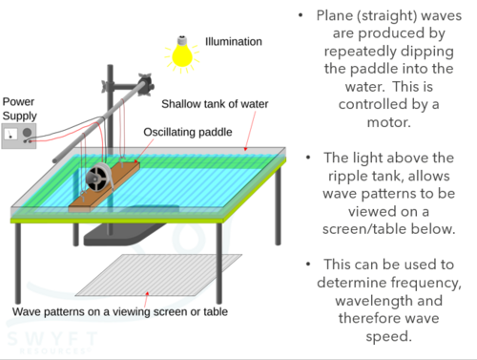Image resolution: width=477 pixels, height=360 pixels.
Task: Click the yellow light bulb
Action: point(182,54)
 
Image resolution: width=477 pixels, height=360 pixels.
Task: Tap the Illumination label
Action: point(234,42)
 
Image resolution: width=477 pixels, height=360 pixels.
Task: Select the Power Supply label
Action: point(20,109)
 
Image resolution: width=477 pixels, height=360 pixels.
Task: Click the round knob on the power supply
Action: point(28,133)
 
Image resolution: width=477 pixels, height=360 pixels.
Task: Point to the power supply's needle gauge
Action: point(10,134)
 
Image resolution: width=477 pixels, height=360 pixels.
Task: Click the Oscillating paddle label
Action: point(188,132)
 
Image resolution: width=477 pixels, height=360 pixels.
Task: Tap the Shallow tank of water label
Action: point(215,104)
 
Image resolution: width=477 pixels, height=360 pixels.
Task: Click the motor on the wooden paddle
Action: point(98,178)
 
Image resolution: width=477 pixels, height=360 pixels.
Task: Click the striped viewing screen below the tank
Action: point(159,275)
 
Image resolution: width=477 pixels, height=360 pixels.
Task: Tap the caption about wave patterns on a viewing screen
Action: point(120,311)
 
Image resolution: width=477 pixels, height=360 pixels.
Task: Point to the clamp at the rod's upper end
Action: point(145,85)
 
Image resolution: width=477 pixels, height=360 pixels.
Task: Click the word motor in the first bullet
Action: point(388,122)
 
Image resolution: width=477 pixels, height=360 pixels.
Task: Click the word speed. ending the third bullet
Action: point(388,337)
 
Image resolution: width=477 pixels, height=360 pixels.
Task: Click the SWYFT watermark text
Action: point(52,339)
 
